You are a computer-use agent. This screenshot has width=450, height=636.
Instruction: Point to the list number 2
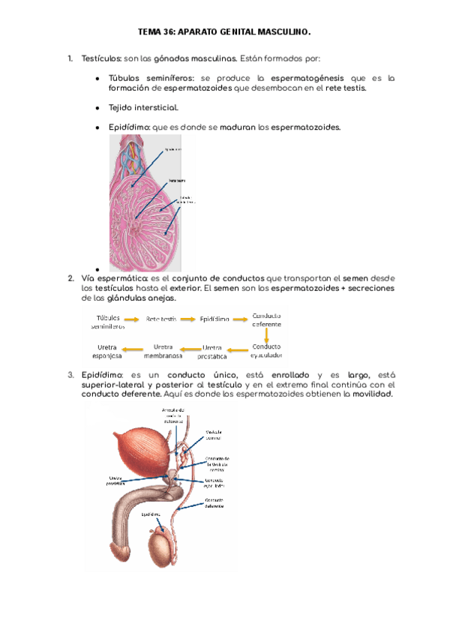pyautogui.click(x=70, y=278)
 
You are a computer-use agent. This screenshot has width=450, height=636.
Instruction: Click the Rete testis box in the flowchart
pyautogui.click(x=161, y=319)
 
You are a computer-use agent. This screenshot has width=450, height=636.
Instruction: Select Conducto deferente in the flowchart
pyautogui.click(x=267, y=320)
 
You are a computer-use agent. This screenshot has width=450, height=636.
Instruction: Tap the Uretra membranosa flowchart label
pyautogui.click(x=163, y=351)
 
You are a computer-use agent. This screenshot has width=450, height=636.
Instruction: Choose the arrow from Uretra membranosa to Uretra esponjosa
pyautogui.click(x=134, y=349)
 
